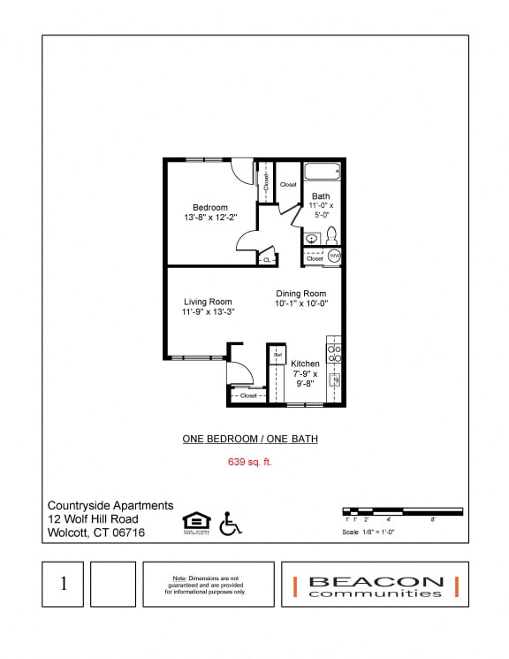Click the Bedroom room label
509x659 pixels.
[210, 208]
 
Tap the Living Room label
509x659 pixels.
[208, 302]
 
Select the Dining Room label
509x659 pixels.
[301, 294]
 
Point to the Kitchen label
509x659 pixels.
[305, 364]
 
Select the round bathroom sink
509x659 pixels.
[312, 238]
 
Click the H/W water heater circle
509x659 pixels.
[334, 256]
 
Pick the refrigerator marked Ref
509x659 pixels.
[277, 355]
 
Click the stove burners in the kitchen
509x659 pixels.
[334, 353]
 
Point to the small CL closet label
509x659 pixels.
[266, 260]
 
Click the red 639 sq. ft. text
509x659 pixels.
[250, 462]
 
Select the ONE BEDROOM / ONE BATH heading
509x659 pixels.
[250, 439]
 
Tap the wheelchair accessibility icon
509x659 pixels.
[230, 524]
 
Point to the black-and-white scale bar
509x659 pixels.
[402, 510]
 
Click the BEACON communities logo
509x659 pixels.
[376, 585]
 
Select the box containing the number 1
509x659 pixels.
[64, 584]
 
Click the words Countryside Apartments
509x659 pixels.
[110, 505]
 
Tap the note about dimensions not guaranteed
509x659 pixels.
[209, 585]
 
